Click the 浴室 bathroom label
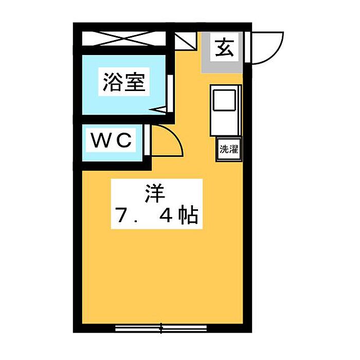[124, 82]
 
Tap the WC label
[112, 140]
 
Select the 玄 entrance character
[225, 48]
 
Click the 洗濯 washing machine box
[229, 149]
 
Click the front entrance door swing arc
[277, 53]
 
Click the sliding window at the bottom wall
[161, 328]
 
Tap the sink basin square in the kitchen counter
[224, 100]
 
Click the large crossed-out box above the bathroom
[124, 39]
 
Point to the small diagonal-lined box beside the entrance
[186, 41]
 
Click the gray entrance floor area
[222, 52]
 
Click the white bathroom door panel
[170, 94]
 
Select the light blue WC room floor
[112, 143]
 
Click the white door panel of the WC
[148, 140]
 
